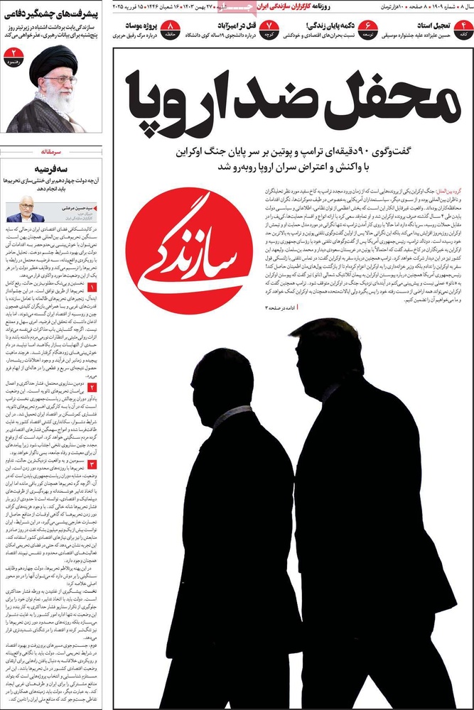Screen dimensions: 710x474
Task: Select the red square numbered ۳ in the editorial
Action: [92, 464]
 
